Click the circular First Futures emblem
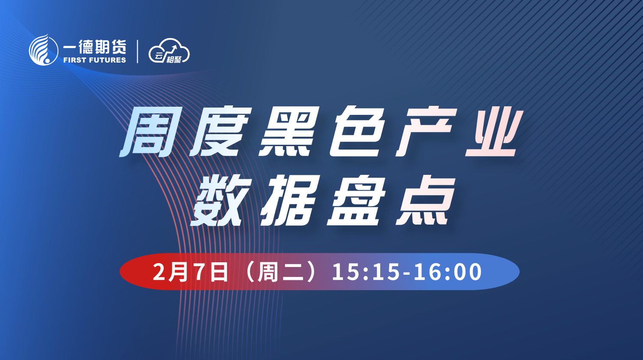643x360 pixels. (44, 50)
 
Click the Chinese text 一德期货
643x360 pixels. (95, 47)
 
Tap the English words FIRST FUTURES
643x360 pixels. (95, 60)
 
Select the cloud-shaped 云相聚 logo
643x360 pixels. (169, 51)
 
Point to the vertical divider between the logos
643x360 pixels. (138, 51)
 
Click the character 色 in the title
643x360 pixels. (358, 132)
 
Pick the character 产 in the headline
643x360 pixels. (426, 132)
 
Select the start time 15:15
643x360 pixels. (365, 272)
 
